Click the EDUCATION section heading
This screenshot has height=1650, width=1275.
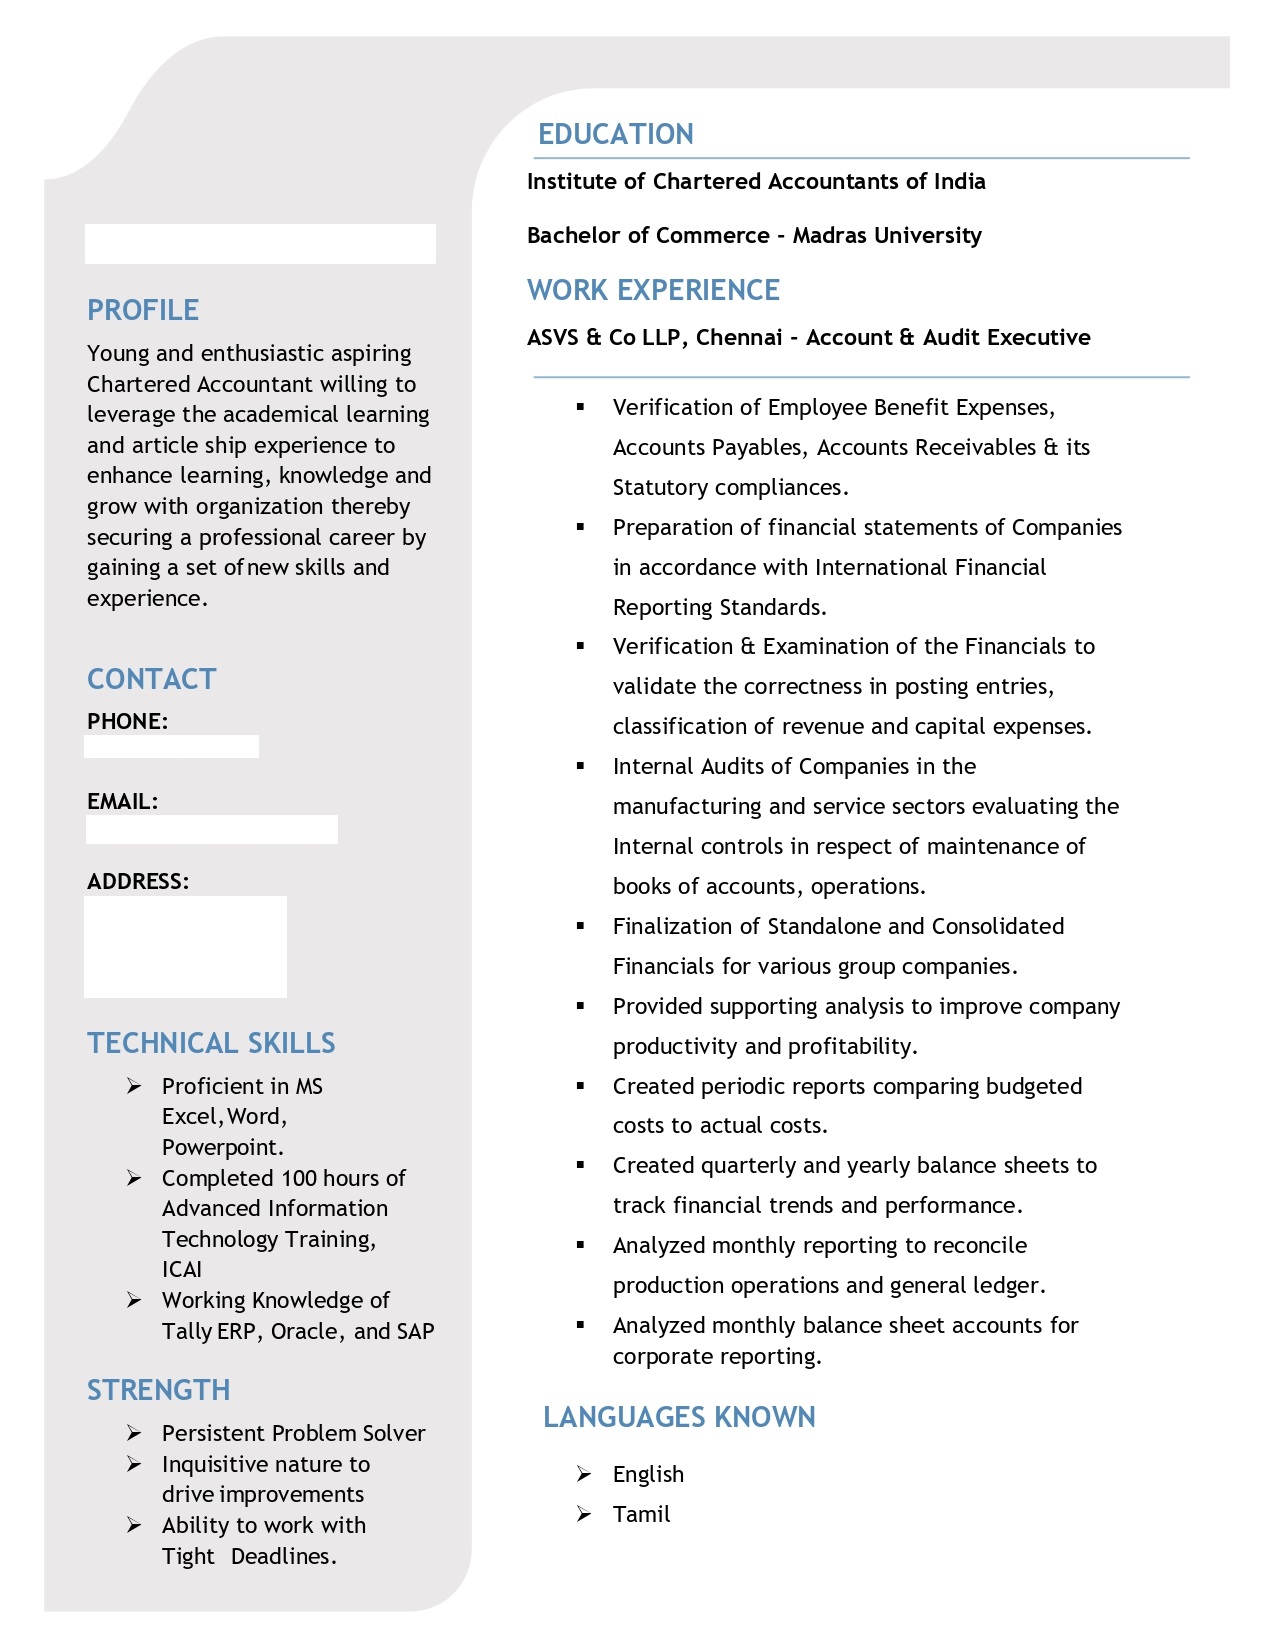coord(615,134)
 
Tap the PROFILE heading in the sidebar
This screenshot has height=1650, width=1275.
coord(143,310)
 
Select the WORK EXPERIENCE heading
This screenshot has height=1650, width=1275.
coord(653,290)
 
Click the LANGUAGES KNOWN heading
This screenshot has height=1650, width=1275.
coord(679,1417)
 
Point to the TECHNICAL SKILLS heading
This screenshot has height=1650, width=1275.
coord(211,1043)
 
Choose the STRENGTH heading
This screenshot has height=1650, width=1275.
coord(158,1390)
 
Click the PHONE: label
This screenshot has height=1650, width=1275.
coord(127,721)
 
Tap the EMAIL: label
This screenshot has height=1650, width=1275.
coord(122,801)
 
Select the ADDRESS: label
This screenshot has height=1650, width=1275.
coord(138,881)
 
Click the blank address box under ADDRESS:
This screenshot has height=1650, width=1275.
coord(185,946)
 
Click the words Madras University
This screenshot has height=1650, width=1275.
coord(887,235)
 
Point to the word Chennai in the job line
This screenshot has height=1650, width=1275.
coord(739,337)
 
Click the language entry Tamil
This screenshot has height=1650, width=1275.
coord(641,1514)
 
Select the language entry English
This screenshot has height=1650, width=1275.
coord(648,1474)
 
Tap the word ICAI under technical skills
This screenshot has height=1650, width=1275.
coord(182,1269)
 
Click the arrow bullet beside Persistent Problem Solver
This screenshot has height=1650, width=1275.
coord(134,1433)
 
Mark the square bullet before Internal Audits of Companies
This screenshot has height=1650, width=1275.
coord(580,766)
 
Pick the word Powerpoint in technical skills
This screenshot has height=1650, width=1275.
coord(222,1147)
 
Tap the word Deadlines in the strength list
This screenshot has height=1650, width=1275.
coord(283,1556)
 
